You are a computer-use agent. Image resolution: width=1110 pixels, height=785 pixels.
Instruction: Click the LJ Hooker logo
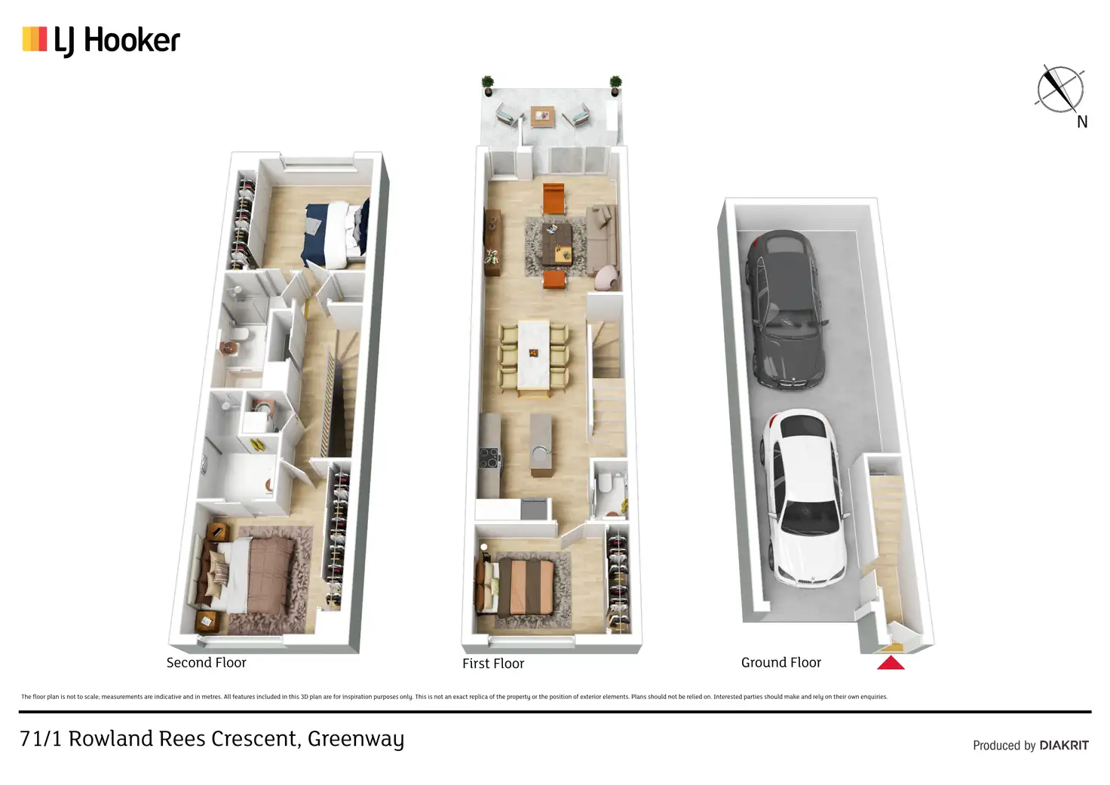pos(101,40)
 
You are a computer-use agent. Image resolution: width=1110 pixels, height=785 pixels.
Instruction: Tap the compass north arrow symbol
pos(1059,89)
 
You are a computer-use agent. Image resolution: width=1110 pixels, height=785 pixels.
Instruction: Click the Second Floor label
pos(206,663)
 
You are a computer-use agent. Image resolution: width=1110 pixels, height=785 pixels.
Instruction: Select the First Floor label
pos(492,664)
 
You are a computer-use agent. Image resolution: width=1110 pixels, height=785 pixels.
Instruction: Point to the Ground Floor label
pos(780,663)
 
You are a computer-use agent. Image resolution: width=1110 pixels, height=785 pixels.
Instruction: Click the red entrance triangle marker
pos(891,663)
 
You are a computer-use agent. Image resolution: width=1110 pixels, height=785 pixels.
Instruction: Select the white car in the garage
pos(803,498)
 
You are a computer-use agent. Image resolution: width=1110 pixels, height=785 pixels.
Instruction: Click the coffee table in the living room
pos(557,243)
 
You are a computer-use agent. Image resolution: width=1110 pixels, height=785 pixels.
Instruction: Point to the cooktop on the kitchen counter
pos(489,458)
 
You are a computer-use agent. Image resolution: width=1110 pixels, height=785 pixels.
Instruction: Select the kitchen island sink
pos(541,453)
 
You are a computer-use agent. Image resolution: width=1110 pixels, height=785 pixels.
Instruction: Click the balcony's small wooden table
pos(542,116)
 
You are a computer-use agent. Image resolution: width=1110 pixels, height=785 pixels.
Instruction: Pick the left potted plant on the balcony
pos(488,84)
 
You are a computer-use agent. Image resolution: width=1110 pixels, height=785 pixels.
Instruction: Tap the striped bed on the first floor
pos(525,586)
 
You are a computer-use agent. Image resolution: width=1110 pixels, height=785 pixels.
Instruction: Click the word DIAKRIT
pos(1063,745)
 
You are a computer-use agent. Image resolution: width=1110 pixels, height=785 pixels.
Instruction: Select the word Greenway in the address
pos(355,739)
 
